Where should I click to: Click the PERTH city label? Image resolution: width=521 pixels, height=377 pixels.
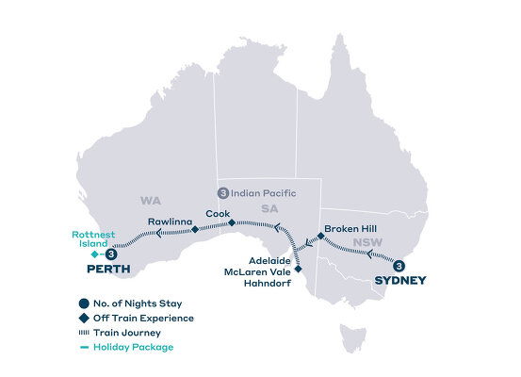point(106,270)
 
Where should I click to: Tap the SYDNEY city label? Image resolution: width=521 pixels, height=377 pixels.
point(400,280)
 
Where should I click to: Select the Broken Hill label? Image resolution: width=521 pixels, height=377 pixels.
point(350,228)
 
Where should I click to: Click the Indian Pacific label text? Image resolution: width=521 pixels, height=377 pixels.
point(264,193)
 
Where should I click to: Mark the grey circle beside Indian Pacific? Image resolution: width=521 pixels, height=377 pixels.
point(222,193)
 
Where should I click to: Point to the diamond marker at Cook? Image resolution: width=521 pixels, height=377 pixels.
point(233,224)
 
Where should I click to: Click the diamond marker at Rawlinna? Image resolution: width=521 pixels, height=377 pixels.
point(194,229)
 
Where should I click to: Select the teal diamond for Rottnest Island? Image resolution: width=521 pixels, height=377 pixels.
point(92,254)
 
